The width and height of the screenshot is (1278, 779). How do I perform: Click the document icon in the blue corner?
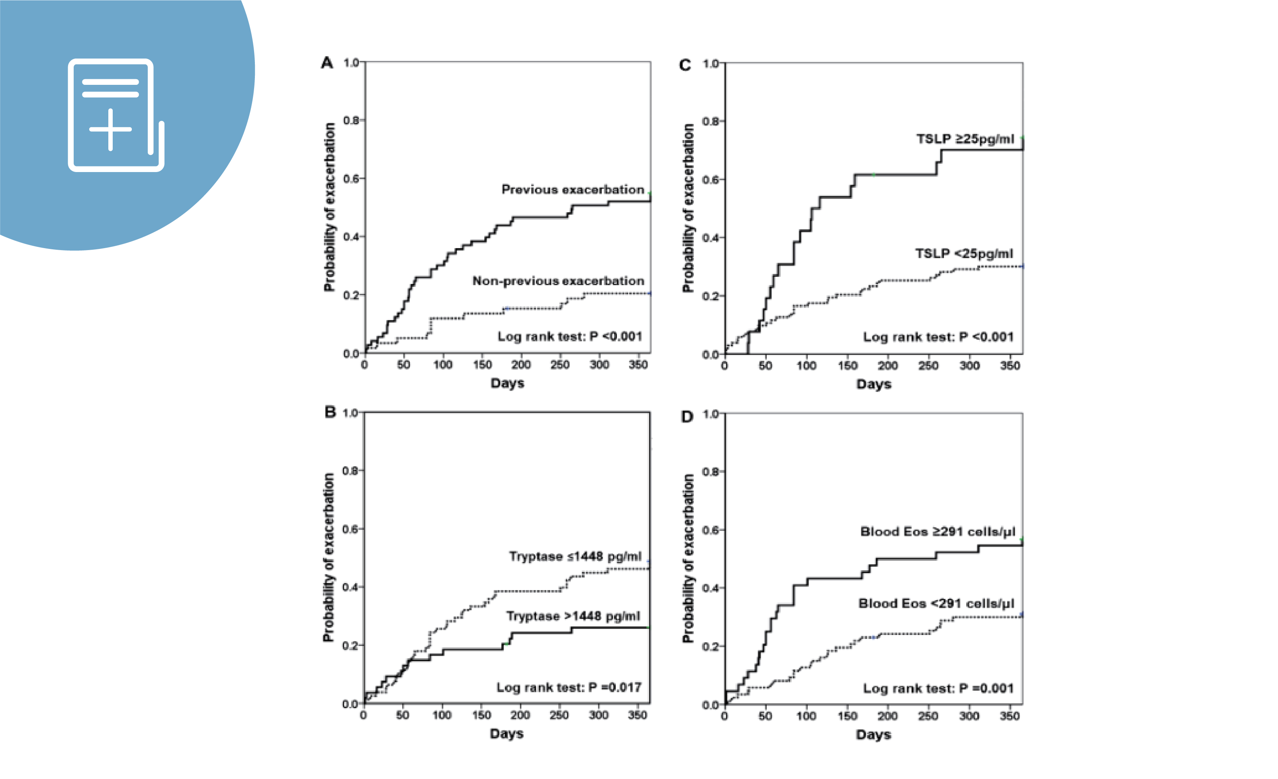pyautogui.click(x=115, y=115)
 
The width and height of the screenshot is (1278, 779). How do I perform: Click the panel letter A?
pyautogui.click(x=327, y=63)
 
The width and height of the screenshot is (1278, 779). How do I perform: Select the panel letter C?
pyautogui.click(x=685, y=65)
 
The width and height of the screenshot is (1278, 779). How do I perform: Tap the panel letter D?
pyautogui.click(x=687, y=417)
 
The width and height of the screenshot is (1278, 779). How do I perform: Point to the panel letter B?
pyautogui.click(x=330, y=412)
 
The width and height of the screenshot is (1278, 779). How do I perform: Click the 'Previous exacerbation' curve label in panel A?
pyautogui.click(x=573, y=190)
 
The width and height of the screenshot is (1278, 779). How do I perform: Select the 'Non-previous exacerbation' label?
pyautogui.click(x=558, y=281)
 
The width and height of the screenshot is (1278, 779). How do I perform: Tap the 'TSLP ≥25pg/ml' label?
pyautogui.click(x=965, y=139)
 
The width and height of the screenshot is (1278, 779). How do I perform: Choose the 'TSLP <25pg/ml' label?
pyautogui.click(x=964, y=254)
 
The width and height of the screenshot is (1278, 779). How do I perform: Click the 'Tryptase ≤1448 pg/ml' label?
pyautogui.click(x=575, y=556)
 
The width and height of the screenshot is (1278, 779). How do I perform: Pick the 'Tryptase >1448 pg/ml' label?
pyautogui.click(x=573, y=616)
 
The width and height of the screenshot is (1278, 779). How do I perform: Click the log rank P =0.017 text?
pyautogui.click(x=569, y=688)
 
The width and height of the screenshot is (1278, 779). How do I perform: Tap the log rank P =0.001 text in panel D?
pyautogui.click(x=938, y=689)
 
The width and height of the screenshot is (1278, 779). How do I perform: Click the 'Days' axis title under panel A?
pyautogui.click(x=507, y=383)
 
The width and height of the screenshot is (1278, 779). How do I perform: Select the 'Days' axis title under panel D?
pyautogui.click(x=873, y=735)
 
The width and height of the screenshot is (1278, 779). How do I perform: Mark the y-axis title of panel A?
pyautogui.click(x=329, y=207)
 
